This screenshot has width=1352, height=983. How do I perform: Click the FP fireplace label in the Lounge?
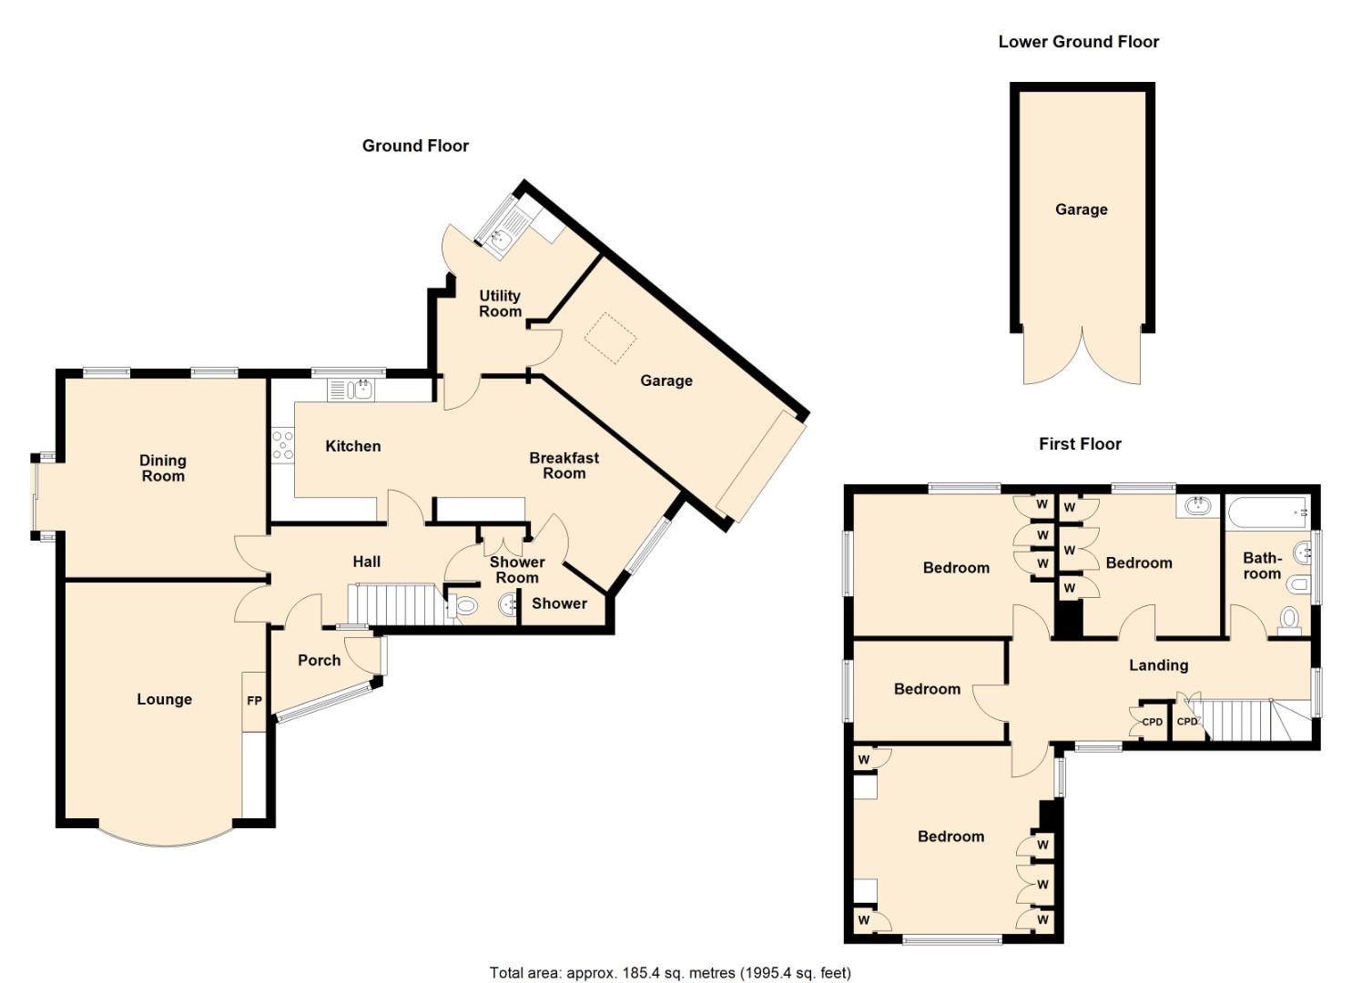(x=254, y=701)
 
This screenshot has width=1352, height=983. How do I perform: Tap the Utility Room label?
(x=500, y=303)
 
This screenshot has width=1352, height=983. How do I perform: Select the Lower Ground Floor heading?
(x=1078, y=41)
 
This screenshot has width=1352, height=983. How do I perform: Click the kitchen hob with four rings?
(x=282, y=446)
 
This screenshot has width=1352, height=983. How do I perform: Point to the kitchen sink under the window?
(x=351, y=390)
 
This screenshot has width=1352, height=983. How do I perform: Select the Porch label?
(x=319, y=660)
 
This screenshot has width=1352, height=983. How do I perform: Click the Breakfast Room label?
(x=564, y=465)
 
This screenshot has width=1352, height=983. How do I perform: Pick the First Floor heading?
(x=1080, y=443)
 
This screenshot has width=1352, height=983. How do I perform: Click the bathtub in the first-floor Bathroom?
(x=1266, y=514)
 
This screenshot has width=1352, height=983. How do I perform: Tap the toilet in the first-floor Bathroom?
(x=1288, y=619)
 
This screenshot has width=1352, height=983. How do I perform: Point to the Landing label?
(x=1158, y=665)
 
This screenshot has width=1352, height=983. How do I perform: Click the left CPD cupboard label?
(x=1152, y=722)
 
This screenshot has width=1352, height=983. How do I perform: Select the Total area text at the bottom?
(x=670, y=972)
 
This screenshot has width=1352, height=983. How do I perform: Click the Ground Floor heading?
(x=415, y=146)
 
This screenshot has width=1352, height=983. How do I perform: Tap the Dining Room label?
(x=162, y=468)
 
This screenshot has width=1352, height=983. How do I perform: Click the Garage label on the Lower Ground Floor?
(x=1081, y=209)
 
